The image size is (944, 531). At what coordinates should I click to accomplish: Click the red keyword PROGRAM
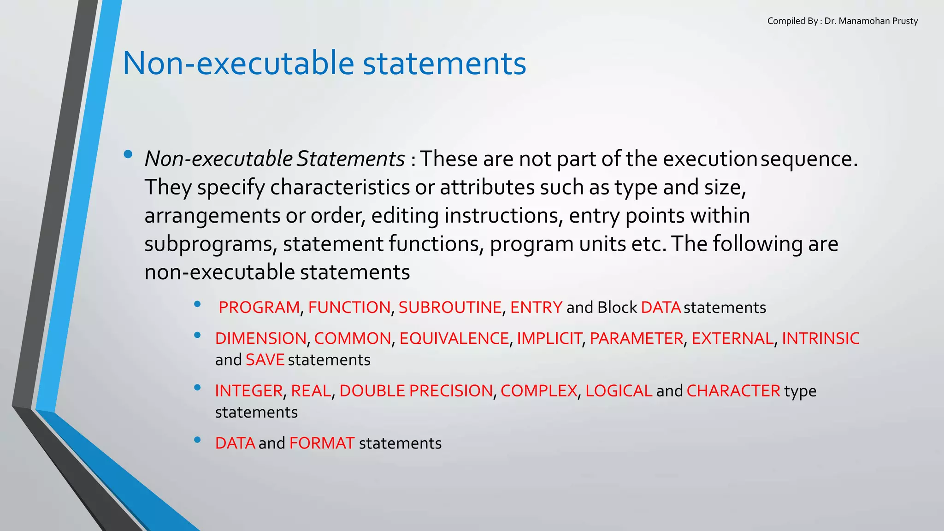[x=259, y=307]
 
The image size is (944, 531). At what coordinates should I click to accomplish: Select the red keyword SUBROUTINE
[x=450, y=307]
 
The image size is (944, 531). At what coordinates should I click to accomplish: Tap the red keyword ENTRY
[x=536, y=307]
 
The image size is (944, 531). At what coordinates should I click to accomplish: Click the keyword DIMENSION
[x=260, y=339]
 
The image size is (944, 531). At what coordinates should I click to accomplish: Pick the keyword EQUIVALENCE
[x=454, y=339]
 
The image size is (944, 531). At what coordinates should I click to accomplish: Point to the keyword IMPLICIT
[x=549, y=339]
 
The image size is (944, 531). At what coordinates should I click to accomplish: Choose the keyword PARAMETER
[x=636, y=339]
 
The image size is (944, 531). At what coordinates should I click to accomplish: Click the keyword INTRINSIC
[x=820, y=339]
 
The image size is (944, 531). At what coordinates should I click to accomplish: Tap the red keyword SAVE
[x=265, y=360]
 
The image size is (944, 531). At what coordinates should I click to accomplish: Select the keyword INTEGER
[x=249, y=391]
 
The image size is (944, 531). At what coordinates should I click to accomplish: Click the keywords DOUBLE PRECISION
[x=416, y=391]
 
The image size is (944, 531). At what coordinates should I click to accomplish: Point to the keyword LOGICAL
[x=619, y=391]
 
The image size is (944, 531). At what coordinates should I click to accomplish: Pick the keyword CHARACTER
[x=733, y=391]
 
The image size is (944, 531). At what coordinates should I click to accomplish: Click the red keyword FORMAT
[x=322, y=443]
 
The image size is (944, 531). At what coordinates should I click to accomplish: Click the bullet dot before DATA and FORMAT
[x=197, y=440]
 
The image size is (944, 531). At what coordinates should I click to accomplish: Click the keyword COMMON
[x=353, y=339]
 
